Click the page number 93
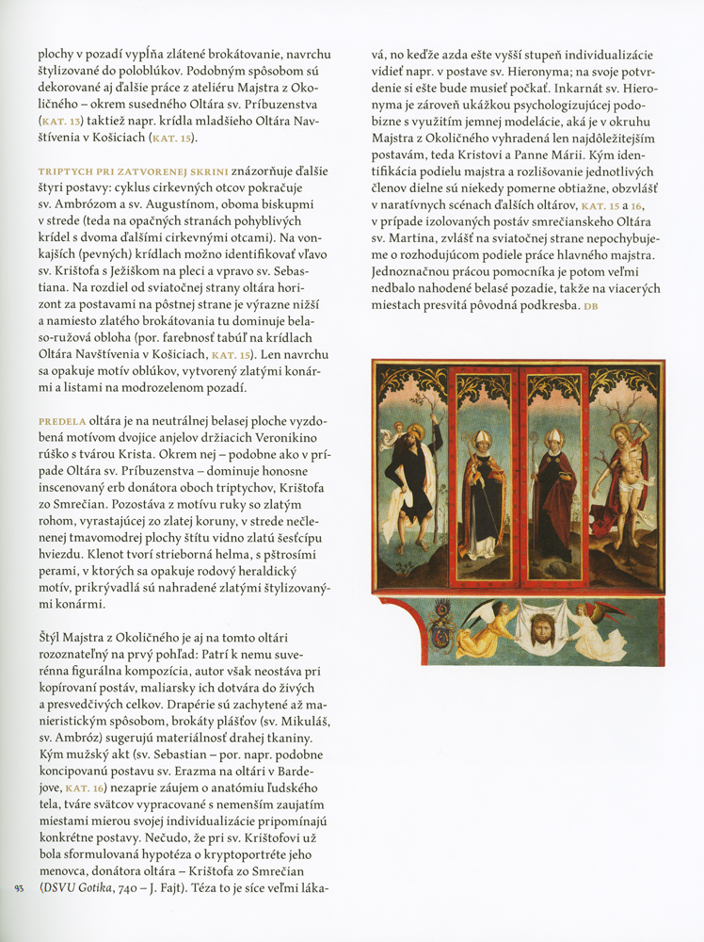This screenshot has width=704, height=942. (x=21, y=886)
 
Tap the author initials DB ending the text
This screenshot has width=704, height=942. (x=590, y=307)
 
